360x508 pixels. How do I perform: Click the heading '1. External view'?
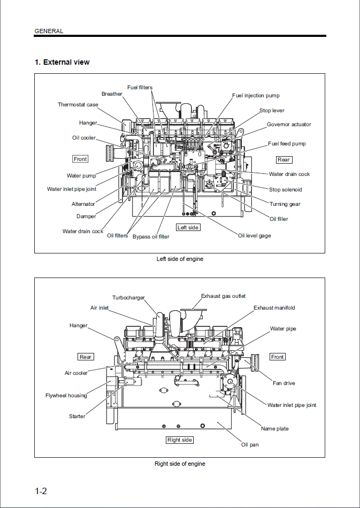(62, 62)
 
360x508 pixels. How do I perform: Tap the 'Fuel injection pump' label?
(256, 96)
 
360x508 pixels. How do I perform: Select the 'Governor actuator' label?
(289, 125)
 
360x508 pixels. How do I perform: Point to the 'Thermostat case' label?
(78, 105)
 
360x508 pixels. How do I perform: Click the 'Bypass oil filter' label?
(151, 236)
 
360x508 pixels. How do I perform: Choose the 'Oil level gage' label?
(255, 236)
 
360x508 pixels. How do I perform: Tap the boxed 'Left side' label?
(188, 228)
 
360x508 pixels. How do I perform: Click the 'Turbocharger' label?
(128, 298)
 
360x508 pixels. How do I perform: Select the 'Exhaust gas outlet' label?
(224, 296)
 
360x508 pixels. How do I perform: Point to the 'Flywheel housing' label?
(66, 396)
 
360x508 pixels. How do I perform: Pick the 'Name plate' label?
(275, 429)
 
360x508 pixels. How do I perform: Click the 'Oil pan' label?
(250, 445)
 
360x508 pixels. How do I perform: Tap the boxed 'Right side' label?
(179, 440)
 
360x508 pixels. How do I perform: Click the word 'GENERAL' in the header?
(49, 31)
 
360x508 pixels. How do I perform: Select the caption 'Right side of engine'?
(180, 464)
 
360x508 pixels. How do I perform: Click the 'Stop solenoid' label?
(286, 190)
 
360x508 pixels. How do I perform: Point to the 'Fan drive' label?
(284, 383)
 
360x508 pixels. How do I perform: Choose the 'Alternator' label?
(83, 204)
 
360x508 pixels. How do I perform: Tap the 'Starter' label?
(77, 417)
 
